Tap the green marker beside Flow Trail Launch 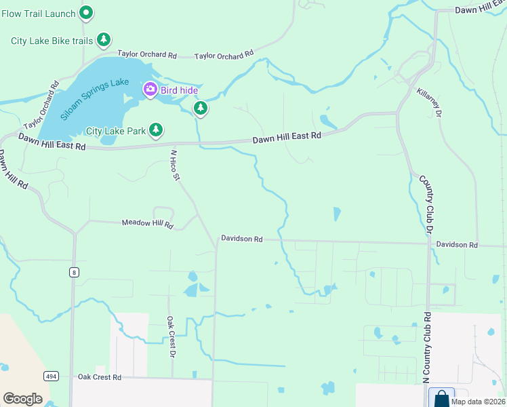pos(86,12)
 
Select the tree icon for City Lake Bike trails pos(103,41)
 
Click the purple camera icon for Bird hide pos(150,89)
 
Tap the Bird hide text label pos(178,89)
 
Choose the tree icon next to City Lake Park pos(156,130)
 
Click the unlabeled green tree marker pos(200,108)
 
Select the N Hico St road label pos(174,166)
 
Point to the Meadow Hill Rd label pos(147,223)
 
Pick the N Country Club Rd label pos(427,347)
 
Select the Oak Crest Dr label pos(171,337)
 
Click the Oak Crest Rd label pos(99,376)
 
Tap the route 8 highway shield pos(73,272)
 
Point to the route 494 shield pos(51,375)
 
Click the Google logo pos(22,398)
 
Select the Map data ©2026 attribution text pos(478,402)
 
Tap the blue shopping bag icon pos(442,398)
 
